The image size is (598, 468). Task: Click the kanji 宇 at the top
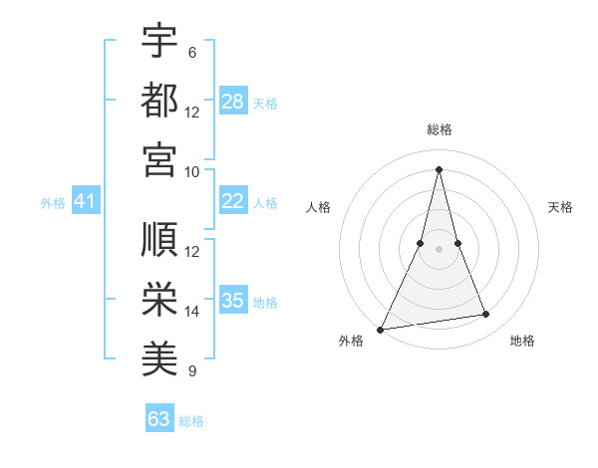click(159, 41)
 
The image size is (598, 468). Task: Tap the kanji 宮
click(159, 158)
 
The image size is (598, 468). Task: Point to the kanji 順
click(159, 240)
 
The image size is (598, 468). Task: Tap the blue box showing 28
click(232, 102)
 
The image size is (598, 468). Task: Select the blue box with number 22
click(232, 201)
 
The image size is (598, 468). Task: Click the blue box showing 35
click(232, 301)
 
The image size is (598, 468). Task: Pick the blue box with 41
click(85, 202)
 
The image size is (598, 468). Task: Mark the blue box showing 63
click(159, 419)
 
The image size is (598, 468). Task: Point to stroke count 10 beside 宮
click(192, 171)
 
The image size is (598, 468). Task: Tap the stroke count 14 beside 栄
click(192, 312)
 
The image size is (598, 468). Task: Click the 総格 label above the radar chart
click(439, 129)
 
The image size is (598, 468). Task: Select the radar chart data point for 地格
click(486, 315)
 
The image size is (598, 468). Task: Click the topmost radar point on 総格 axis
click(439, 168)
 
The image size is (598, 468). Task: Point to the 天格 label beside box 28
click(265, 103)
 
